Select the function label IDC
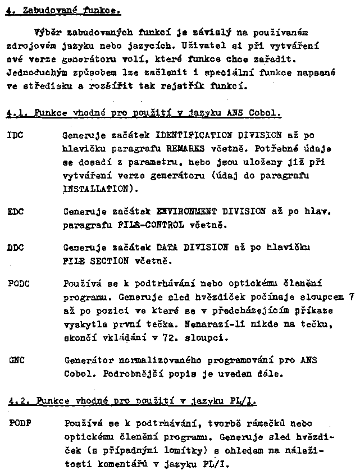[x=16, y=136]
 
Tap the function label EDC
[x=16, y=212]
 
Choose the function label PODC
[x=19, y=284]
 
